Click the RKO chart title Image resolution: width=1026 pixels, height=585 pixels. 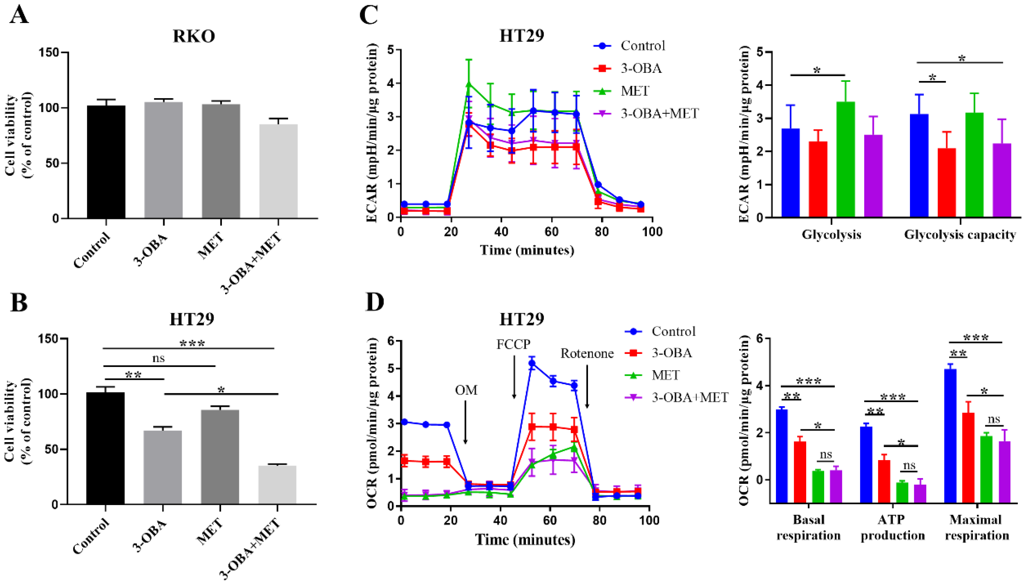tap(194, 36)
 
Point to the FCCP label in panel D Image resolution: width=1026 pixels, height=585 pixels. tap(513, 344)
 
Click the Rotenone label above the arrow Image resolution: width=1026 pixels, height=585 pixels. tap(587, 354)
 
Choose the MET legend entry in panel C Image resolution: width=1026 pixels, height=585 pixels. tap(635, 91)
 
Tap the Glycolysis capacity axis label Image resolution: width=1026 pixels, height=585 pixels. tap(960, 235)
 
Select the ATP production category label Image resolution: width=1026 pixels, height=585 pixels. tap(893, 527)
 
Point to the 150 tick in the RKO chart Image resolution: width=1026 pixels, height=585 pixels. tap(49, 53)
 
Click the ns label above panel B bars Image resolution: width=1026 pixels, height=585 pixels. tap(158, 358)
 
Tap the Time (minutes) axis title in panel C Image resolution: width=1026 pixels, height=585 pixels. tap(527, 250)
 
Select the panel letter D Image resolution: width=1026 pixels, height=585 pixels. tap(374, 302)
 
